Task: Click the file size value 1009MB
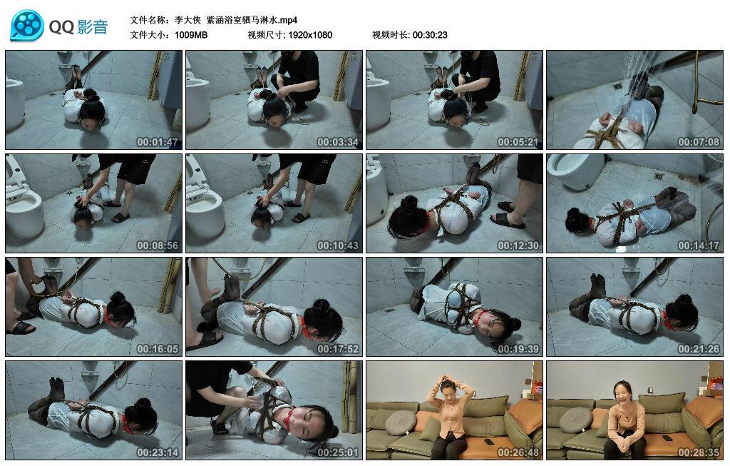click(190, 34)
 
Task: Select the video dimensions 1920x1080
click(310, 34)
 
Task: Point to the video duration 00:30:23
click(430, 34)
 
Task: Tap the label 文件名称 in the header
click(150, 20)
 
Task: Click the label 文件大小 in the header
click(150, 34)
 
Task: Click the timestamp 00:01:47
click(158, 142)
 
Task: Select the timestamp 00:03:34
click(338, 142)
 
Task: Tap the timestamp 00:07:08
click(699, 142)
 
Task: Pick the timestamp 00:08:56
click(158, 245)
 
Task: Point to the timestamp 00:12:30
click(518, 245)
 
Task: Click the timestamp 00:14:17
click(699, 245)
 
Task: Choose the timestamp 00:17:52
click(338, 349)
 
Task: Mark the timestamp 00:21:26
click(699, 349)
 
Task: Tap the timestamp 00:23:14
click(158, 452)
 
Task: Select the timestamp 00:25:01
click(338, 452)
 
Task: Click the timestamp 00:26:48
click(518, 452)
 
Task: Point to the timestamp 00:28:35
click(699, 452)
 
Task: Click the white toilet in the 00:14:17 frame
click(579, 171)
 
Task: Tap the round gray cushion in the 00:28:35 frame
click(576, 420)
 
